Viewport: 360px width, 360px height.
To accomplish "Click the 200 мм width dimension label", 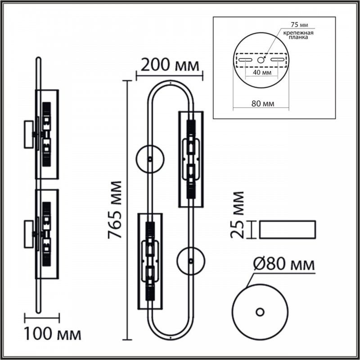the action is (x=170, y=65).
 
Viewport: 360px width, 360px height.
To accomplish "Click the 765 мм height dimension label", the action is (x=115, y=210).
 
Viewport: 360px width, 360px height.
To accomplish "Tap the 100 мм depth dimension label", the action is (x=53, y=334).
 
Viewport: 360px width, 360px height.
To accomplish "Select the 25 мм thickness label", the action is (x=237, y=215).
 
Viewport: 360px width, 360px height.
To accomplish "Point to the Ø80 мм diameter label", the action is (x=284, y=264).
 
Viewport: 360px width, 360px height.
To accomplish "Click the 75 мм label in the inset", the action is (x=299, y=25).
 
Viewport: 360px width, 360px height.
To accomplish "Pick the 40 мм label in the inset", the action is (x=262, y=72).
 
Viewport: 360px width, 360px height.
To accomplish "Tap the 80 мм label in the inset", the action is (x=263, y=103).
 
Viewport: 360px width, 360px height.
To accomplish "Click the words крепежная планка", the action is (x=298, y=35).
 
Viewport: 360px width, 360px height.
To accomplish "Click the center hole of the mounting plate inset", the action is (x=261, y=60).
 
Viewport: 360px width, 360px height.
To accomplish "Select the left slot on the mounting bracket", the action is (x=245, y=60).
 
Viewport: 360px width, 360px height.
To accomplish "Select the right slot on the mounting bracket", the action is (x=278, y=60).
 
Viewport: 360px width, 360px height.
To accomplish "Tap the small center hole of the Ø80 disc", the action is (x=260, y=312).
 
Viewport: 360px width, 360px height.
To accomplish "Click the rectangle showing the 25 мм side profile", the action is (x=288, y=229).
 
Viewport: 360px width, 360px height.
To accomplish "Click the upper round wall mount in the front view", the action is (x=150, y=159).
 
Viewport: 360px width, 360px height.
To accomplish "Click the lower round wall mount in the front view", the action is (x=191, y=261).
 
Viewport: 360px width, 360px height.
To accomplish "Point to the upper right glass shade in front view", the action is (x=191, y=159).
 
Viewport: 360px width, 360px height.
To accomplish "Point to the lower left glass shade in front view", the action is (x=150, y=261).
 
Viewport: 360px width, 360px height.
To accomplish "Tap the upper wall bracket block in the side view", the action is (x=29, y=134).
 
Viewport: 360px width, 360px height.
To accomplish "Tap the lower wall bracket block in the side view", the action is (x=29, y=234).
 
